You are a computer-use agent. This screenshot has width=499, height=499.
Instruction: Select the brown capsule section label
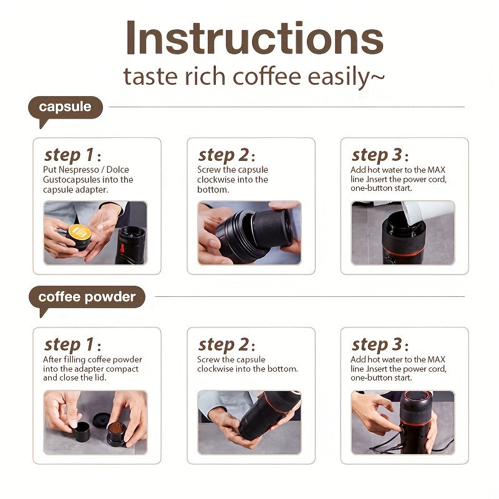tap(65, 107)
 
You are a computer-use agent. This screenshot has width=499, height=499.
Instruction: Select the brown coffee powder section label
tap(87, 297)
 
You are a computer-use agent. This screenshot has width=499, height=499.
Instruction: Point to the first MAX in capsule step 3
tap(436, 170)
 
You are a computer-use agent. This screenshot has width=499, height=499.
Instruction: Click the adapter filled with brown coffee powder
tap(117, 430)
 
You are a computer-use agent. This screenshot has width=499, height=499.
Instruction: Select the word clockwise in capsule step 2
tap(215, 180)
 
